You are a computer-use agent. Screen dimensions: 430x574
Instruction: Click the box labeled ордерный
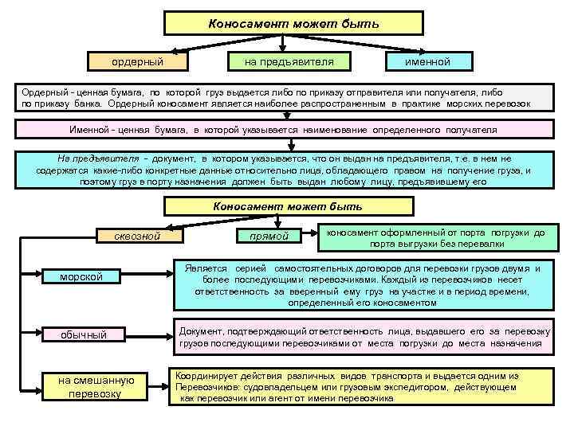(138, 61)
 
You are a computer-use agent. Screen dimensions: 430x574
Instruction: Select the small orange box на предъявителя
(288, 61)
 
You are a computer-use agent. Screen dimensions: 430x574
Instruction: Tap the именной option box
(427, 61)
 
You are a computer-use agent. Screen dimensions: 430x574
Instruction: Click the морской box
(82, 276)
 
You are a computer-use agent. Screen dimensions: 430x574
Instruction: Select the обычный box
(84, 334)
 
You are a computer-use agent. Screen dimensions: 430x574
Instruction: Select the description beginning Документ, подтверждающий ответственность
(362, 337)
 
